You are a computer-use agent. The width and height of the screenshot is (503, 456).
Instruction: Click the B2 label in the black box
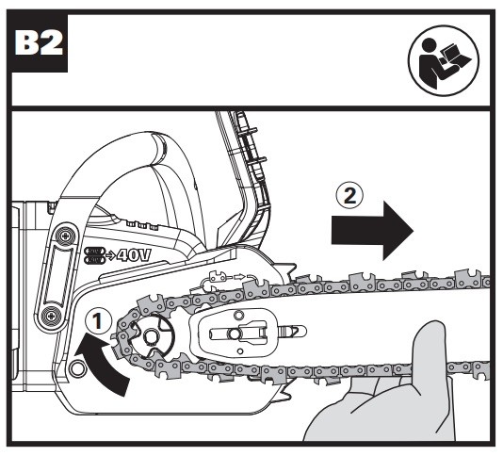tap(39, 43)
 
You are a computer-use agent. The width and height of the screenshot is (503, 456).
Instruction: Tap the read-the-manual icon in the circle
tap(444, 60)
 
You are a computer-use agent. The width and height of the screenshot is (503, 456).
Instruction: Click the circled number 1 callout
tap(99, 321)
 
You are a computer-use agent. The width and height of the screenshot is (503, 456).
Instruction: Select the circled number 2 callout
tap(349, 195)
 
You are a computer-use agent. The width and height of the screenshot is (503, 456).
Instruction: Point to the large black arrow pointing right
tap(372, 231)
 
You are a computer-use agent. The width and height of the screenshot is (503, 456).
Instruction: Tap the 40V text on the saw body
tap(133, 255)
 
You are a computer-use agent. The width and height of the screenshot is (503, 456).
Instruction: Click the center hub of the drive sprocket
tap(150, 337)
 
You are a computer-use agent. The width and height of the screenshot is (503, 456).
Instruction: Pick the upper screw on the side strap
tap(66, 236)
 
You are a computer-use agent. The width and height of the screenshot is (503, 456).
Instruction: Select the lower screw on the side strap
tap(51, 316)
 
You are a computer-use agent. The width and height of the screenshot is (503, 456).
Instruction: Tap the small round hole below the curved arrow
tap(77, 368)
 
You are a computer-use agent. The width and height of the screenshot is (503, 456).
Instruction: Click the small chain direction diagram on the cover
tap(227, 279)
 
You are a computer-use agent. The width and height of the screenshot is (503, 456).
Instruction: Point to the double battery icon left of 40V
tap(94, 255)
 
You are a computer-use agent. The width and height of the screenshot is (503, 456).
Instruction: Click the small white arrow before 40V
tap(110, 255)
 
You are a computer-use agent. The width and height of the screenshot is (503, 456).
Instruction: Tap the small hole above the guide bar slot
tap(237, 315)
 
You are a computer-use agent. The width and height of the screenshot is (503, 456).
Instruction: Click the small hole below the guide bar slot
tap(240, 351)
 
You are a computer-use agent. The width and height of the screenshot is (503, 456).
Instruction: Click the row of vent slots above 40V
tap(142, 225)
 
